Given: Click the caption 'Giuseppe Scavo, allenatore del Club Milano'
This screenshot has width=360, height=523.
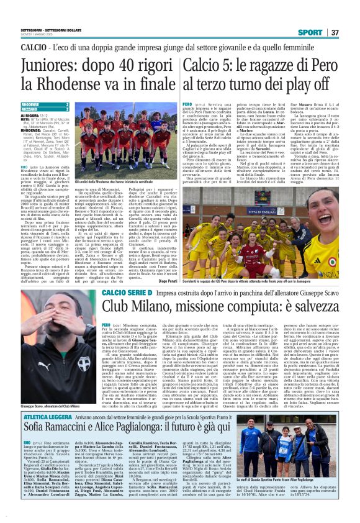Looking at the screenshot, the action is coord(46,406).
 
